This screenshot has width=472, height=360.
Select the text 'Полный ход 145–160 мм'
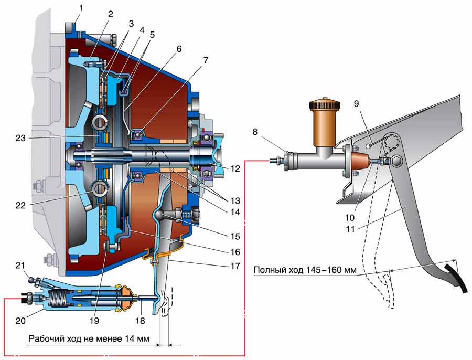[x=305, y=271]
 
